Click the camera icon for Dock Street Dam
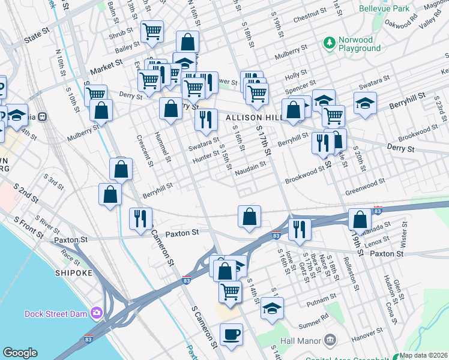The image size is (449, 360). tap(96, 313)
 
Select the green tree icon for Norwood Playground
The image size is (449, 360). tap(329, 43)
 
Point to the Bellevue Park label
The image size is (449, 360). tap(384, 8)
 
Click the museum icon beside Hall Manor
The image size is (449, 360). tap(329, 340)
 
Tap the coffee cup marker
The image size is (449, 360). tap(231, 335)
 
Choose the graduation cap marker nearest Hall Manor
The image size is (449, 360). tap(273, 308)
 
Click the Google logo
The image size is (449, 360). tap(20, 353)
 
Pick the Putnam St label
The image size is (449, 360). tap(322, 298)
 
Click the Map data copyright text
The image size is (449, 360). tap(423, 355)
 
